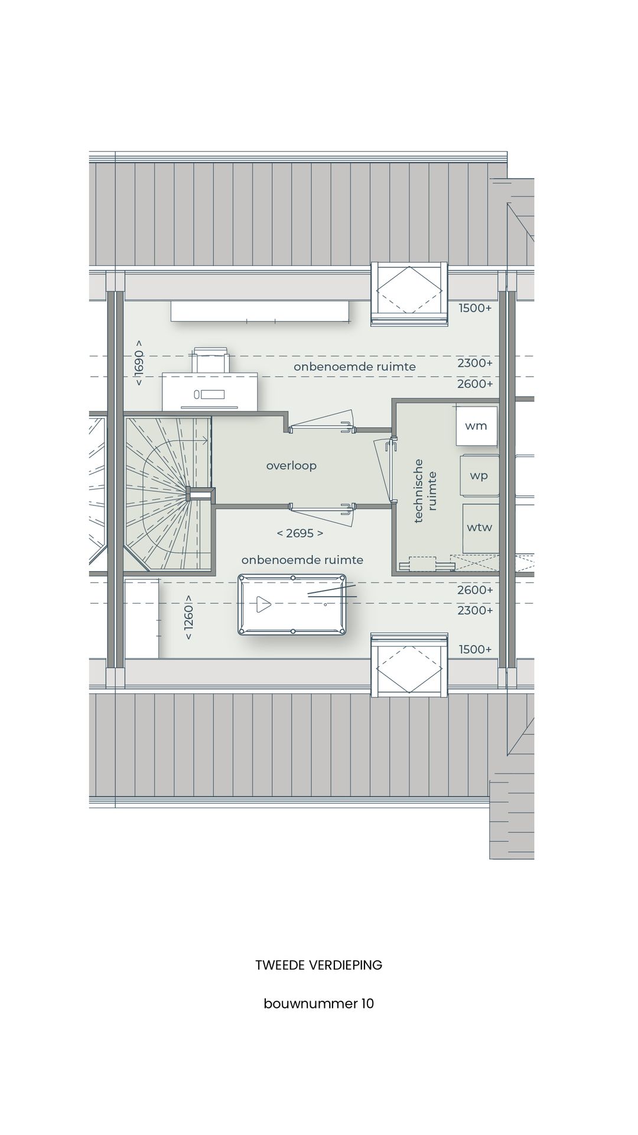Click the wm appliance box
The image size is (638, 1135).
(x=476, y=426)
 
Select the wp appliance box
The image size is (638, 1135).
(x=479, y=475)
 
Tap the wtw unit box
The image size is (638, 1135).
(x=479, y=527)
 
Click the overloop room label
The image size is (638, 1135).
(x=291, y=466)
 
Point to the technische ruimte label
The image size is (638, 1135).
(x=425, y=491)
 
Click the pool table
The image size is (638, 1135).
(x=292, y=604)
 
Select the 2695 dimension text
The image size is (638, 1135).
(x=300, y=533)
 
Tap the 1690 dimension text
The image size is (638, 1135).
(x=139, y=363)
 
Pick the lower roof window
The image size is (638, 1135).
(x=409, y=664)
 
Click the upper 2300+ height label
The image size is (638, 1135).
(x=474, y=363)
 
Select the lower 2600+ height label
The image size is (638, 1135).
(x=474, y=590)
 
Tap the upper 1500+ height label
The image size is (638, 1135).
(x=475, y=308)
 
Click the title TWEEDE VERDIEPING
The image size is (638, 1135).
(x=318, y=965)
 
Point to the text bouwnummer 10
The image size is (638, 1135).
(x=318, y=1004)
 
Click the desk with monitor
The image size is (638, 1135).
(x=210, y=391)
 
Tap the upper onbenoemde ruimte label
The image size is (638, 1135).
(x=354, y=367)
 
